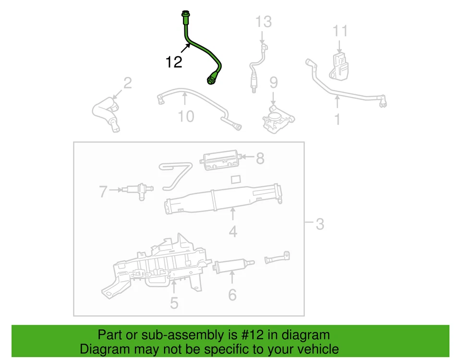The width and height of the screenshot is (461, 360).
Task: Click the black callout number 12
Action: (174, 62)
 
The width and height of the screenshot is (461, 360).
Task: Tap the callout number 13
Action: (263, 22)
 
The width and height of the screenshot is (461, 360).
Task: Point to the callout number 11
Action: (340, 31)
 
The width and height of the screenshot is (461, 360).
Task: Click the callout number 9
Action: (273, 83)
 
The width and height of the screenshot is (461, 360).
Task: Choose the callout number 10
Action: (186, 116)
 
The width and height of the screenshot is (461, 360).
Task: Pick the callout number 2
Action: (127, 84)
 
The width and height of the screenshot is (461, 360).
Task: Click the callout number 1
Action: (338, 118)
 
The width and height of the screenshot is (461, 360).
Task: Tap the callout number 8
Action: (260, 158)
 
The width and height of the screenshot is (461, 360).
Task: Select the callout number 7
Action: (102, 192)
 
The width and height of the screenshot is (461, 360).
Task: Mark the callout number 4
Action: (233, 232)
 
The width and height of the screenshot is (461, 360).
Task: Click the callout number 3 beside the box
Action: (320, 223)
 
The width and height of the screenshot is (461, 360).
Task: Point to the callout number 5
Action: (174, 302)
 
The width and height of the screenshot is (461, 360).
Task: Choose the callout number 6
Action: (232, 295)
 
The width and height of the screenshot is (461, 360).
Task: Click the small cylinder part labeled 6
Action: (231, 266)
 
